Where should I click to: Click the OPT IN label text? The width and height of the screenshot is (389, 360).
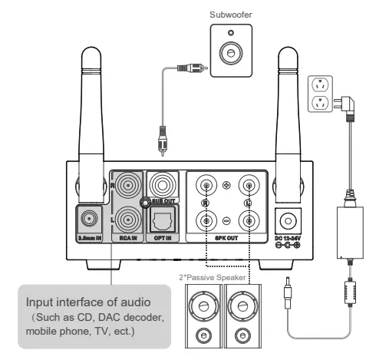(163, 239)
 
